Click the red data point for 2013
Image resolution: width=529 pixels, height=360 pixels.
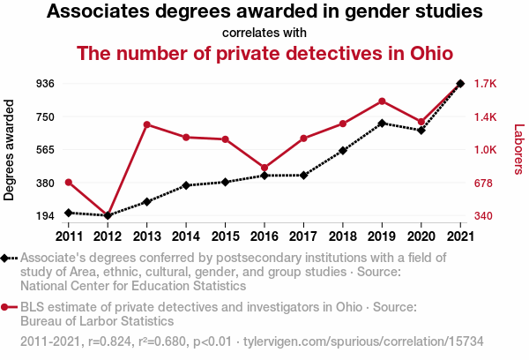(x=146, y=124)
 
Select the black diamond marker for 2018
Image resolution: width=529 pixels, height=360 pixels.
(x=343, y=151)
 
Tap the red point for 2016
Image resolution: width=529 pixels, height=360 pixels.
(x=264, y=168)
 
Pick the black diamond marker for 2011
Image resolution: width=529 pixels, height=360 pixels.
(x=68, y=213)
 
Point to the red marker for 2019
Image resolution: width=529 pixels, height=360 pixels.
(x=382, y=101)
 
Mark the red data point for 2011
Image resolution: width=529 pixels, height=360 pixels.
(x=68, y=183)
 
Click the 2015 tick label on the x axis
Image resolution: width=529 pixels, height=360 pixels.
(x=225, y=236)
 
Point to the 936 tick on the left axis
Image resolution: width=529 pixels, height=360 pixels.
(x=46, y=84)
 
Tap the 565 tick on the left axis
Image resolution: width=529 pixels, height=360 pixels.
(x=46, y=150)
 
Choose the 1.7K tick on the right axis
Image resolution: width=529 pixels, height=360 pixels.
(x=486, y=84)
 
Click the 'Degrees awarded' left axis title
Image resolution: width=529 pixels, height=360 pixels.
(x=10, y=150)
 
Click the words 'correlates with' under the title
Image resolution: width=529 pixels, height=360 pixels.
(x=264, y=34)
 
